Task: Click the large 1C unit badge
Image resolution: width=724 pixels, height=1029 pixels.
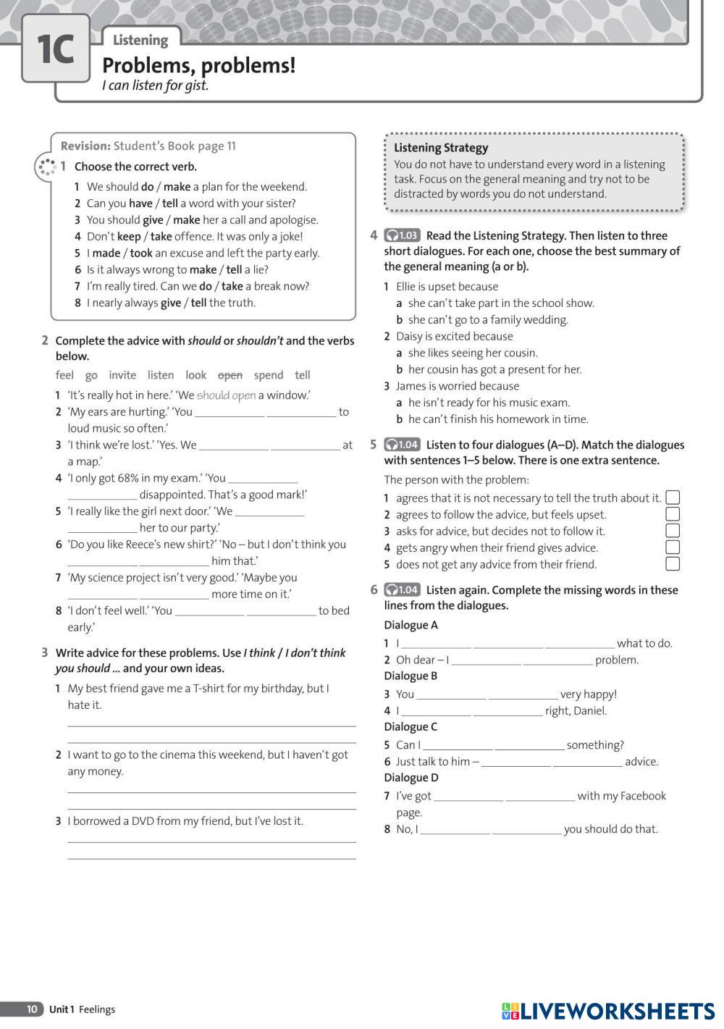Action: click(55, 49)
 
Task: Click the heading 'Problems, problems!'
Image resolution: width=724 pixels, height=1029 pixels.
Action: click(198, 66)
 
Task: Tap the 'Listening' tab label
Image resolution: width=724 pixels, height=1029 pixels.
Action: click(140, 40)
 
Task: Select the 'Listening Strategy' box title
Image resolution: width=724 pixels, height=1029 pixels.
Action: click(441, 148)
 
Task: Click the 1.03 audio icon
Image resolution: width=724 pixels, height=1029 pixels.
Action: click(402, 235)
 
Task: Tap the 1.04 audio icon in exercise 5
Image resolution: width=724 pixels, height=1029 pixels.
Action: click(402, 445)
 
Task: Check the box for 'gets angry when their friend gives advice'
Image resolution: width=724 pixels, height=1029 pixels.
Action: click(673, 547)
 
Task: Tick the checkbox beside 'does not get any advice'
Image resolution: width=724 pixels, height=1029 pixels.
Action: click(673, 564)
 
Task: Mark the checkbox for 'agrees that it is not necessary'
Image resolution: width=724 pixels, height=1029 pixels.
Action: click(673, 497)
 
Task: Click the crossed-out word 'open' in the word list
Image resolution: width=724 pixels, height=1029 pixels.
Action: click(230, 375)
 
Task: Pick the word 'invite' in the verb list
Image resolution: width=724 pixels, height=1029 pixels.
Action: click(122, 375)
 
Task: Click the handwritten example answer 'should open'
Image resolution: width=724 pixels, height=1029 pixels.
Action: click(226, 395)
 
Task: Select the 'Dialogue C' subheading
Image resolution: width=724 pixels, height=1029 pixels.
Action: click(411, 727)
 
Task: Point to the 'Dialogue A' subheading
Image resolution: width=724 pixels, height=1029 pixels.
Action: click(411, 625)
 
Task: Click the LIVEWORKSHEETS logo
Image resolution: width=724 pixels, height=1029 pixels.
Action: click(608, 1011)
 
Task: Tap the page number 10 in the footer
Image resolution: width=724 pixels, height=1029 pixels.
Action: click(32, 1009)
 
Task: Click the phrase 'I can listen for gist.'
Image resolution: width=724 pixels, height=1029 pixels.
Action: click(155, 85)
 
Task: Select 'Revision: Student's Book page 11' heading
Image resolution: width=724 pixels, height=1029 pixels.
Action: click(148, 146)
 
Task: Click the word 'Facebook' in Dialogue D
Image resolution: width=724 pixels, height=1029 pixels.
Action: click(641, 796)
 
